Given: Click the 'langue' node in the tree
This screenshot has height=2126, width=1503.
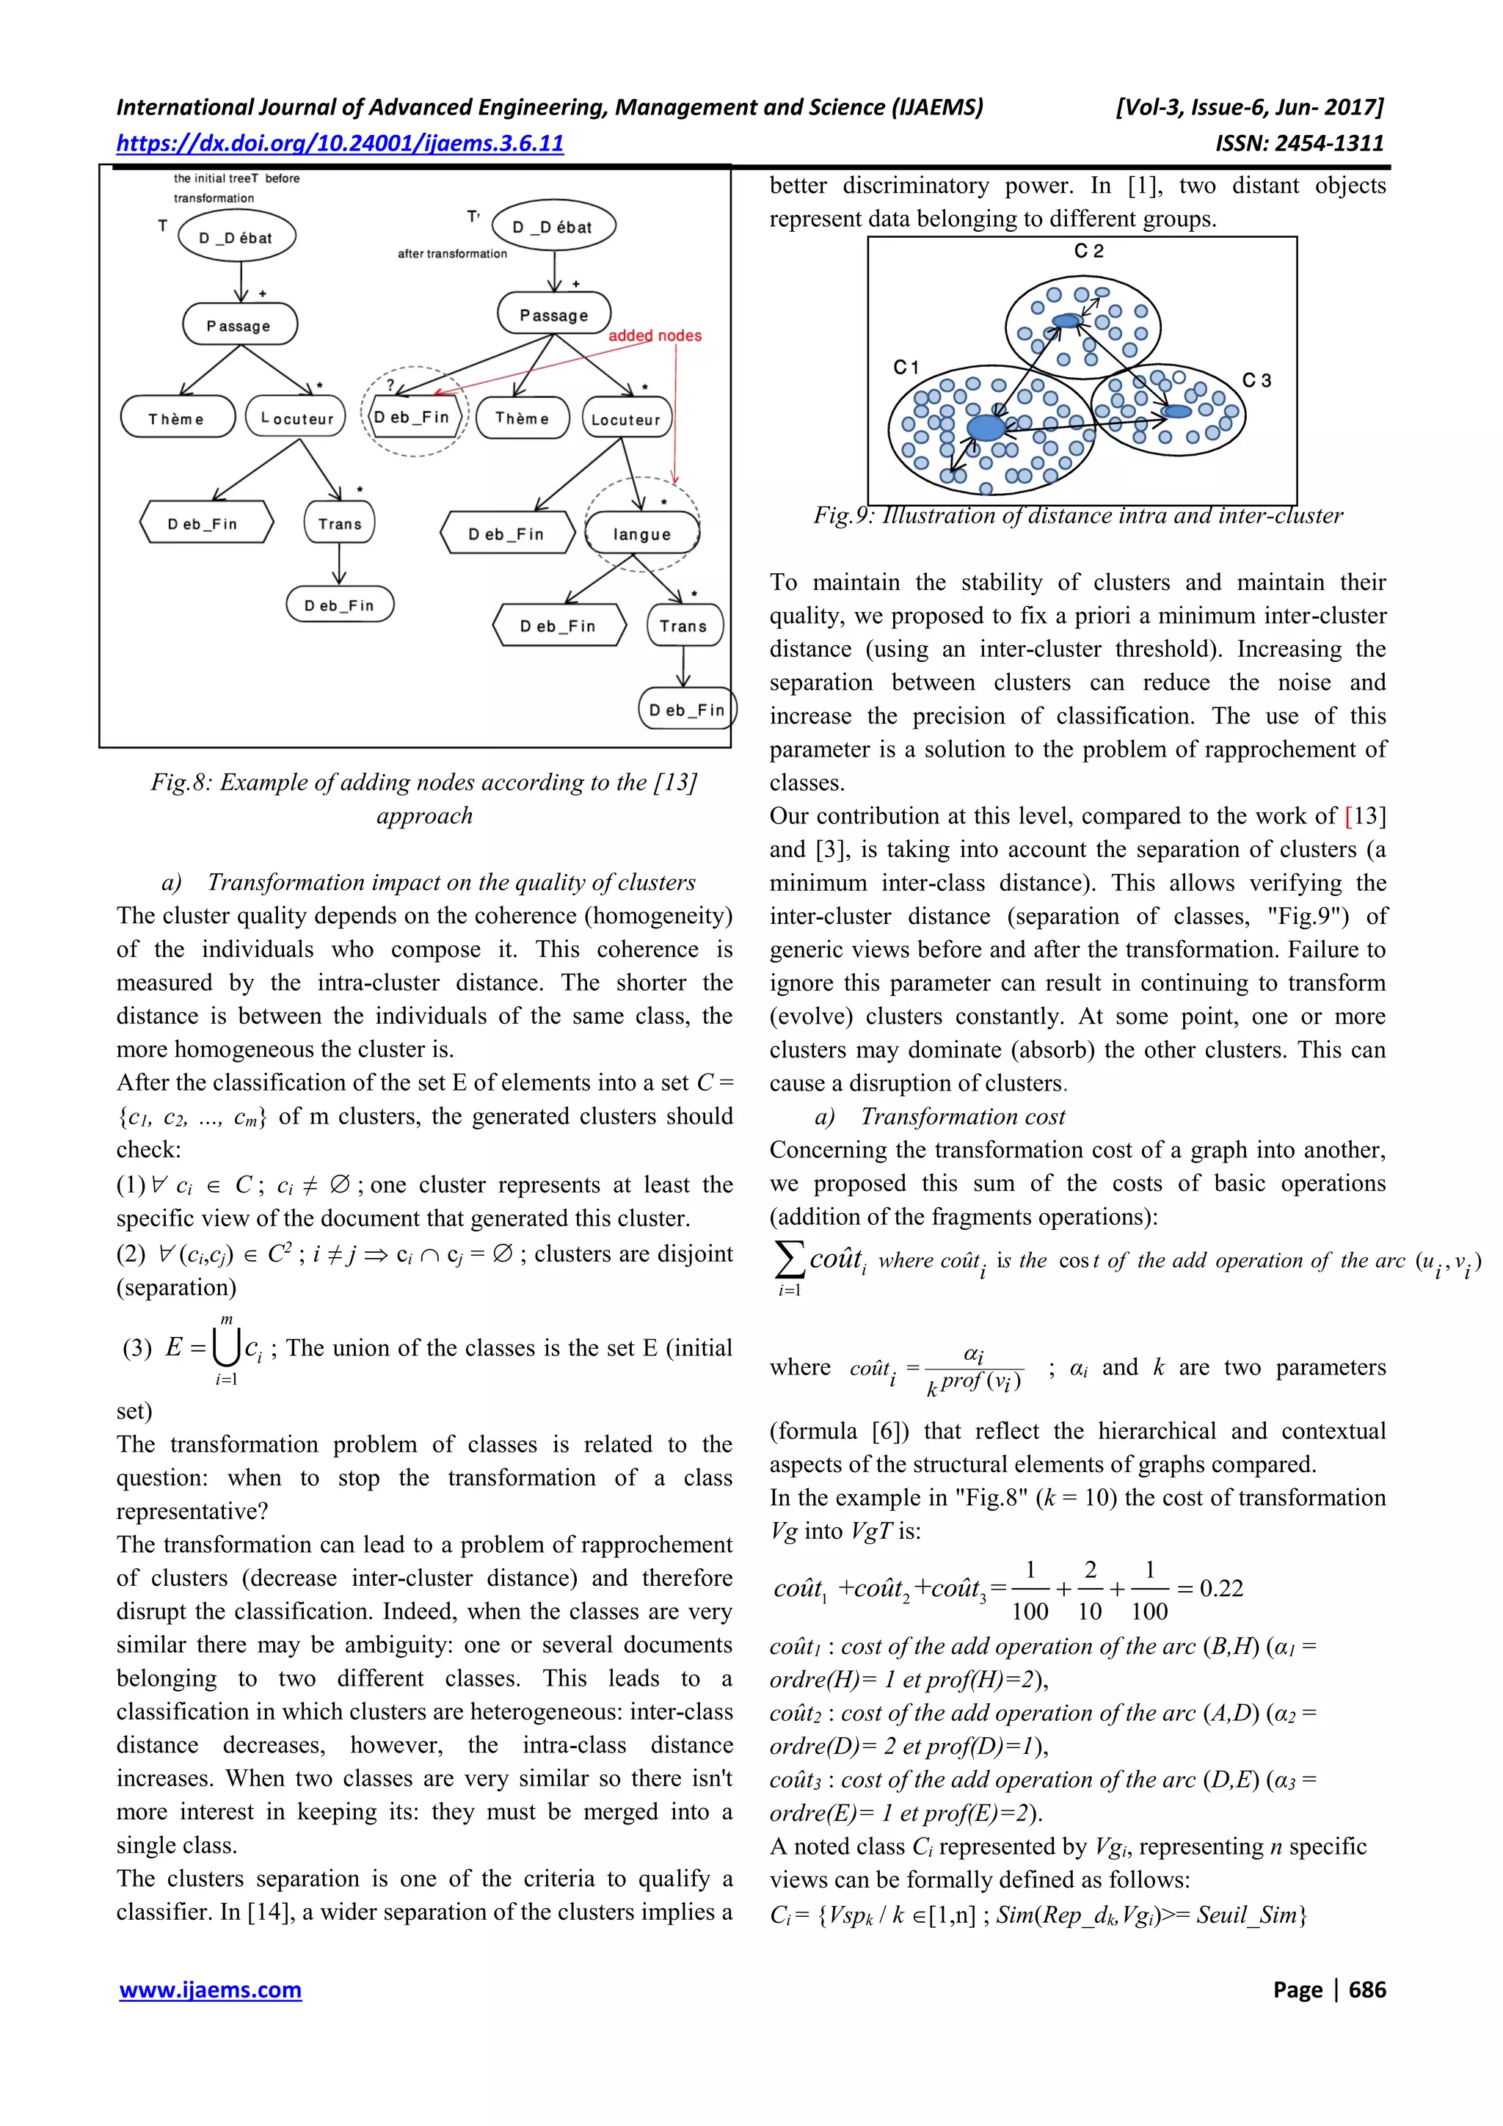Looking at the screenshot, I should click(641, 534).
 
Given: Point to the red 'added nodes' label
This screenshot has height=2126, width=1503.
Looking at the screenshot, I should click(655, 336).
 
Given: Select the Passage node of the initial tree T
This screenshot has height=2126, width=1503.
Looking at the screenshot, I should click(239, 325).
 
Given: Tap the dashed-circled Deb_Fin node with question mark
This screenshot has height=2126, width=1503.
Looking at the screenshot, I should click(413, 417).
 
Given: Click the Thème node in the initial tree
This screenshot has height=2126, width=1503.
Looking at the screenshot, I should click(177, 418).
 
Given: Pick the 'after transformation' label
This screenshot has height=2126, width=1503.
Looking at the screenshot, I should click(452, 254).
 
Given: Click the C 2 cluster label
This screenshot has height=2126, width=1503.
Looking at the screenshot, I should click(1088, 252).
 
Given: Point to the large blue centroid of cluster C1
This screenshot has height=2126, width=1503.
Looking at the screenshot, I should click(986, 428).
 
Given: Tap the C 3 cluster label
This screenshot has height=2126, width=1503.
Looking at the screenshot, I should click(1256, 381).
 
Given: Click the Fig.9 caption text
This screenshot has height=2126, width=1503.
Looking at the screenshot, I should click(1078, 516).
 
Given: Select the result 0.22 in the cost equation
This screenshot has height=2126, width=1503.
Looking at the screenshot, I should click(1220, 1589).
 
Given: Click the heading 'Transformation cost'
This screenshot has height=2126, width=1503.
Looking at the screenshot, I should click(962, 1117).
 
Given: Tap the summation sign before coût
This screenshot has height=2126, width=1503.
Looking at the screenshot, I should click(788, 1259).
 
